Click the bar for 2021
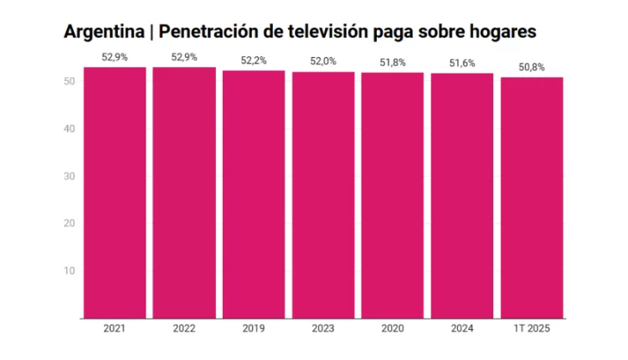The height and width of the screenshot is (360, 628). (x=115, y=193)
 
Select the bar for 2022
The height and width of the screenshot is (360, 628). (x=184, y=193)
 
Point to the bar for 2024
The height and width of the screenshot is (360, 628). (x=462, y=196)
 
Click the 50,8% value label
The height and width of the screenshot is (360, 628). (x=532, y=67)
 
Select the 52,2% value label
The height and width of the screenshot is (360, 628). (x=254, y=60)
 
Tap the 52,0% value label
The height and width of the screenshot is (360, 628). (x=323, y=62)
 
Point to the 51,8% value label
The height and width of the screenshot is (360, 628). (x=393, y=63)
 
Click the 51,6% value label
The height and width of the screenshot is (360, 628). (x=462, y=64)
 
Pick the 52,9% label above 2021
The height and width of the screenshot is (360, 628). (x=115, y=57)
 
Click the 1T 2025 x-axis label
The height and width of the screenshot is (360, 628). (x=532, y=330)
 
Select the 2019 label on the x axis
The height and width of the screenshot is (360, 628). (x=254, y=330)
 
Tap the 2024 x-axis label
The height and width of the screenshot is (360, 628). (x=462, y=330)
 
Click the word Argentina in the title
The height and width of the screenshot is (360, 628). (x=103, y=33)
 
